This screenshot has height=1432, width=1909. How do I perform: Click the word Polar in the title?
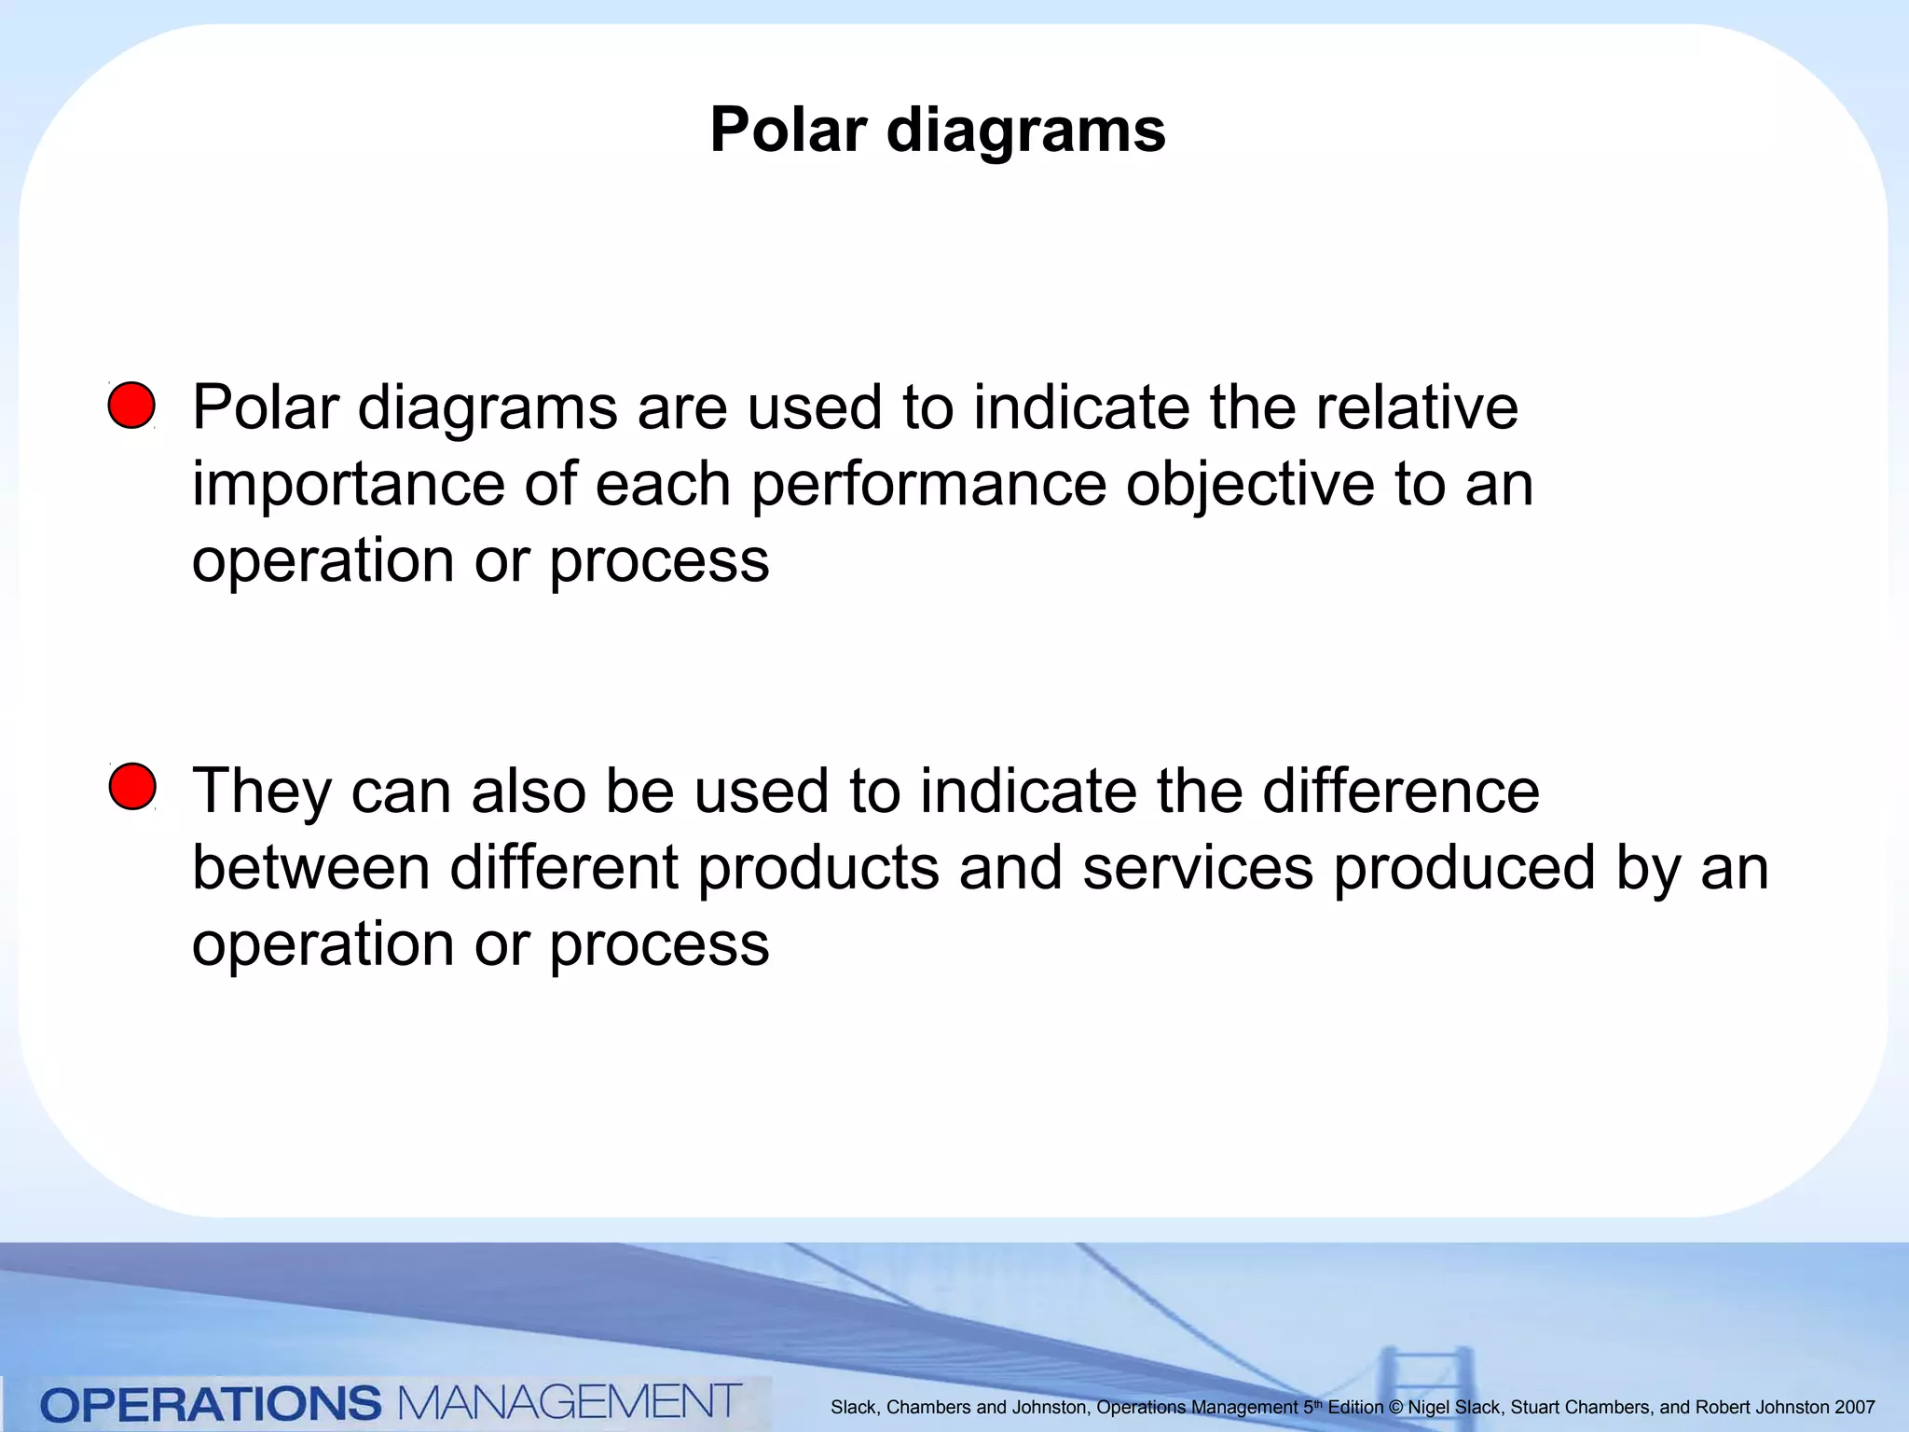(789, 130)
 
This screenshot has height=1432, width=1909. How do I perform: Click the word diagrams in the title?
(1025, 131)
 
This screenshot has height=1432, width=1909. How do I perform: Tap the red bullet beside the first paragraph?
(131, 406)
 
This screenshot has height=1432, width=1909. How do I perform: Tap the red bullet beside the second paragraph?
(132, 786)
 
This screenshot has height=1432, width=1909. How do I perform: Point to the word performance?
(928, 486)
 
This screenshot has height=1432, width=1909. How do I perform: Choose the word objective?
(1250, 486)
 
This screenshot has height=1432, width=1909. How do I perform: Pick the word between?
(311, 867)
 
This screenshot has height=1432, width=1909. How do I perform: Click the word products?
(818, 867)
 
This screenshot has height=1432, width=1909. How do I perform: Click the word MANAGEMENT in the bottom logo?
(570, 1402)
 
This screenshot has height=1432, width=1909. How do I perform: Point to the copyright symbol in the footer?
(1395, 1408)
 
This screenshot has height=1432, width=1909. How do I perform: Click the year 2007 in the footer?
(1854, 1408)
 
